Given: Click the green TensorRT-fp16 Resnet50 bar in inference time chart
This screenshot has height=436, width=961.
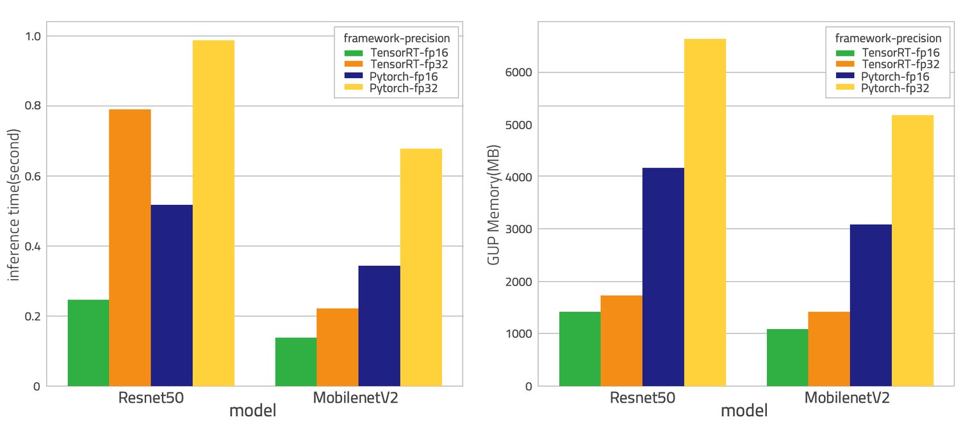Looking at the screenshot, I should [88, 343].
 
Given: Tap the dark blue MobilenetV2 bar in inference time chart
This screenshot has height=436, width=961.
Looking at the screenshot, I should [379, 326].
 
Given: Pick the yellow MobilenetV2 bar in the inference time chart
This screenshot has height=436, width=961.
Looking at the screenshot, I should [421, 268].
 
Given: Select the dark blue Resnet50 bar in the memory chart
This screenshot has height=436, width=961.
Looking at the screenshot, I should [663, 277].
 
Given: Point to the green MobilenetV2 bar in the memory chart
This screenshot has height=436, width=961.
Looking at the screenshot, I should [787, 357].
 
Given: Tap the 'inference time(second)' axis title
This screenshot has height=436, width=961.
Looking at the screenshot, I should [14, 204].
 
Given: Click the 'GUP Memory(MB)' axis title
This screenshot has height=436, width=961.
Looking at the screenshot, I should [493, 204].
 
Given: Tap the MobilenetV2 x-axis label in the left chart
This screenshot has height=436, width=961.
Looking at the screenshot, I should [356, 398].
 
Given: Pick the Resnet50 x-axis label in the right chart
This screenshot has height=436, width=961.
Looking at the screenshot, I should [643, 398].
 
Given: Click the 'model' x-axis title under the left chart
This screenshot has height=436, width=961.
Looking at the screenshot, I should [252, 411].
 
